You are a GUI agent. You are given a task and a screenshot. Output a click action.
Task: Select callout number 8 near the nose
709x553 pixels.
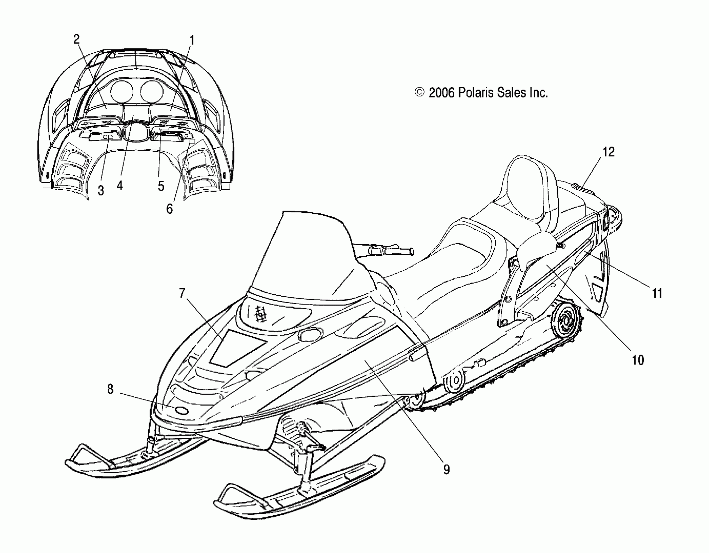[110, 389]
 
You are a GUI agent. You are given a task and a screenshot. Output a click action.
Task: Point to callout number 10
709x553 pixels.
[638, 360]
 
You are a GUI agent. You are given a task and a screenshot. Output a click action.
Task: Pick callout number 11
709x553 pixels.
[657, 293]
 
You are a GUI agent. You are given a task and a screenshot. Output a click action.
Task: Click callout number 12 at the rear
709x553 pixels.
[608, 152]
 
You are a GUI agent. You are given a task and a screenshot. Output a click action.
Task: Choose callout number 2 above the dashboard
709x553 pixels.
[76, 39]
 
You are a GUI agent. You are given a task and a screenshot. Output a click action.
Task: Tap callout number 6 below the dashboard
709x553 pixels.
[169, 209]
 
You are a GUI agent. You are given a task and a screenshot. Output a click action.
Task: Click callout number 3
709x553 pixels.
[101, 191]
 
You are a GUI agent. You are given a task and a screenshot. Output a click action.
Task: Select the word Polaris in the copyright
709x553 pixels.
[475, 93]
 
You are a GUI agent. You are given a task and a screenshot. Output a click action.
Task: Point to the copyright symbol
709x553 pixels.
[420, 93]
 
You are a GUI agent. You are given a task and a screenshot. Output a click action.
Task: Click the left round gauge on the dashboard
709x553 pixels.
[122, 90]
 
